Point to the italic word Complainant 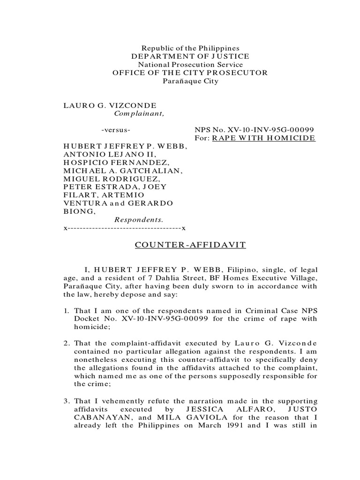click(x=140, y=113)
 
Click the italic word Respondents click(x=139, y=219)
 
